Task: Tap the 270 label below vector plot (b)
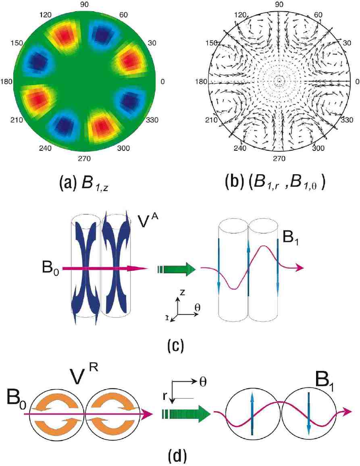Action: click(x=279, y=158)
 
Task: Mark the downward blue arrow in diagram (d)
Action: click(x=308, y=413)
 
